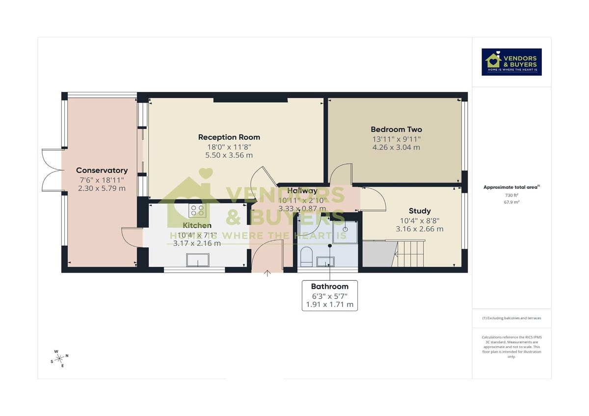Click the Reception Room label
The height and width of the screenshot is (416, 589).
click(x=229, y=137)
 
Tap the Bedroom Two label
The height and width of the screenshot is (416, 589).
click(x=396, y=130)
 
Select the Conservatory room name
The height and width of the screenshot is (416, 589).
click(x=102, y=171)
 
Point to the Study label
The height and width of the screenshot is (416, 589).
click(x=420, y=211)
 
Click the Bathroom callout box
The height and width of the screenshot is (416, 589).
click(x=329, y=295)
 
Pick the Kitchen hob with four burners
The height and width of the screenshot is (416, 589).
click(x=197, y=210)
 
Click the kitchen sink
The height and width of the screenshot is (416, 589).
click(x=197, y=260)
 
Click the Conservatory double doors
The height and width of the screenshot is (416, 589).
click(x=51, y=169)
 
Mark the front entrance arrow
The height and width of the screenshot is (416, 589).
click(x=268, y=273)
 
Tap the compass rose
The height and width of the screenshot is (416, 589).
click(x=59, y=358)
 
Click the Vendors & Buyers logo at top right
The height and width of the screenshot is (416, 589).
click(x=511, y=62)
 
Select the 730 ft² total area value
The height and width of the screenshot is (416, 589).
click(x=511, y=195)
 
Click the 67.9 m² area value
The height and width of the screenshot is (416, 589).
click(x=511, y=202)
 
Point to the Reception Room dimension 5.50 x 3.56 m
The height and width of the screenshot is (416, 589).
click(x=229, y=155)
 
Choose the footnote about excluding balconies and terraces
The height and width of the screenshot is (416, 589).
click(x=511, y=318)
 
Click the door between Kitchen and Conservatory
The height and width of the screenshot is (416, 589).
click(x=131, y=238)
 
